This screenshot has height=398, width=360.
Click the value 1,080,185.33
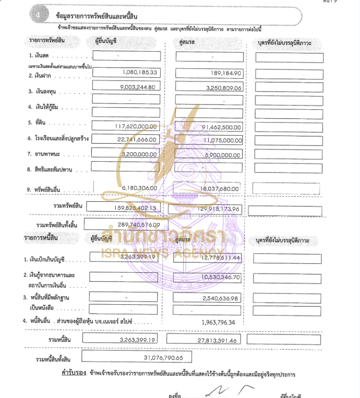139,72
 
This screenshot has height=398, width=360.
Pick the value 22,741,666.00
137,140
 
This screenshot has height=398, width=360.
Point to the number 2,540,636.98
220,298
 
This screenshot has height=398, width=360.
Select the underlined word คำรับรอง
73,373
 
